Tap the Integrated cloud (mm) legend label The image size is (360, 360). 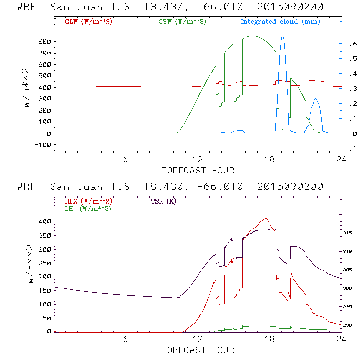click(x=280, y=22)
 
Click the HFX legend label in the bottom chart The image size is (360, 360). click(x=86, y=201)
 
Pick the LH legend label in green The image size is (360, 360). click(x=88, y=208)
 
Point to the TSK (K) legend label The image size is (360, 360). click(x=162, y=201)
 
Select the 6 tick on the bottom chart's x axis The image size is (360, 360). click(x=126, y=339)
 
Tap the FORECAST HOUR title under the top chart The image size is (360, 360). click(x=198, y=170)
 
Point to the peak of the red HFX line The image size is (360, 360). click(x=266, y=219)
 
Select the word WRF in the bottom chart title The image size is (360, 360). click(x=27, y=187)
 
